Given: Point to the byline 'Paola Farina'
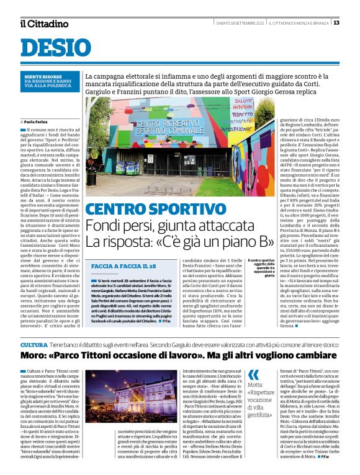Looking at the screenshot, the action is (x=40, y=122).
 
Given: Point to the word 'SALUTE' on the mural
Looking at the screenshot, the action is (x=243, y=100).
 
